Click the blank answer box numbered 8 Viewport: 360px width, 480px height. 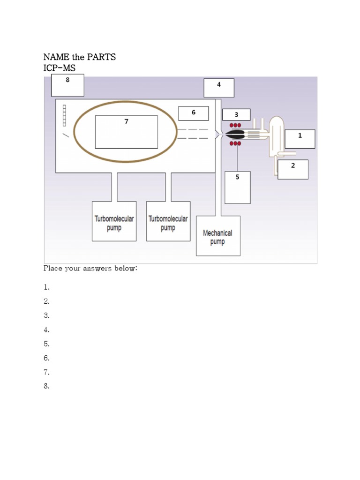pos(67,85)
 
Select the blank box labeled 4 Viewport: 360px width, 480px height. pos(219,88)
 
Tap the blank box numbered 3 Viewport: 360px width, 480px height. pos(236,115)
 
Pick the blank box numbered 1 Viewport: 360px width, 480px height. pos(300,139)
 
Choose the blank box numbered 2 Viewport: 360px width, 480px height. pos(293,169)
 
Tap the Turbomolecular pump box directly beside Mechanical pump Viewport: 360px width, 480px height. pos(168,222)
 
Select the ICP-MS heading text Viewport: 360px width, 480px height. pos(59,68)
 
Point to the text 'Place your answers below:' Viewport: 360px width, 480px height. pos(90,269)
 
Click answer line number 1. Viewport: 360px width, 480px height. pos(47,287)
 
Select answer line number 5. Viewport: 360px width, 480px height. pos(47,344)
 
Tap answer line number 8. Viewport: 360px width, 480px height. pos(47,387)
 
